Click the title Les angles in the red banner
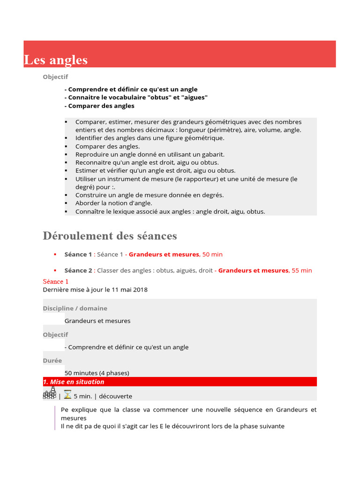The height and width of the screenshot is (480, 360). coord(56,60)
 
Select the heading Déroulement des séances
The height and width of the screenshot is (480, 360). coord(110,235)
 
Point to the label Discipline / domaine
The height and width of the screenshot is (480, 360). coord(75,308)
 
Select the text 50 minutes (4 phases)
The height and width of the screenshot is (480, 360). coord(97,373)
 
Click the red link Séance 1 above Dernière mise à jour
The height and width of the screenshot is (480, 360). coord(55,282)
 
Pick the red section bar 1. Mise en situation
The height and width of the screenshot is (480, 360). coord(180,382)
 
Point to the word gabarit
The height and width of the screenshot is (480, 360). coord(212,154)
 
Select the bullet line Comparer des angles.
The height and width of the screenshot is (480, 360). coord(107,146)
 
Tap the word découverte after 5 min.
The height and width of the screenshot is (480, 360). coord(115,396)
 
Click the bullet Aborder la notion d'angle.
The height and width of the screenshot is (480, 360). coord(113,203)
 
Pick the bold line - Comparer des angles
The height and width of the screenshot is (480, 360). coord(99,106)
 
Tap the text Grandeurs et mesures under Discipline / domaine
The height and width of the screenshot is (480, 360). coord(97,321)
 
